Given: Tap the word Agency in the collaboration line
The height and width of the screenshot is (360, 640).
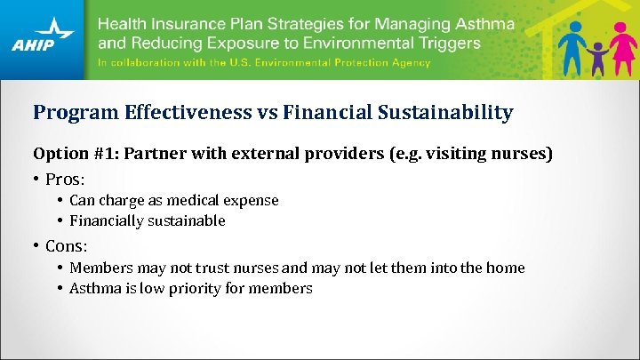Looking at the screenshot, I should pyautogui.click(x=405, y=62).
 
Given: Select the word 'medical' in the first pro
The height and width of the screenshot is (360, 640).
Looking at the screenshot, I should pyautogui.click(x=183, y=200).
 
